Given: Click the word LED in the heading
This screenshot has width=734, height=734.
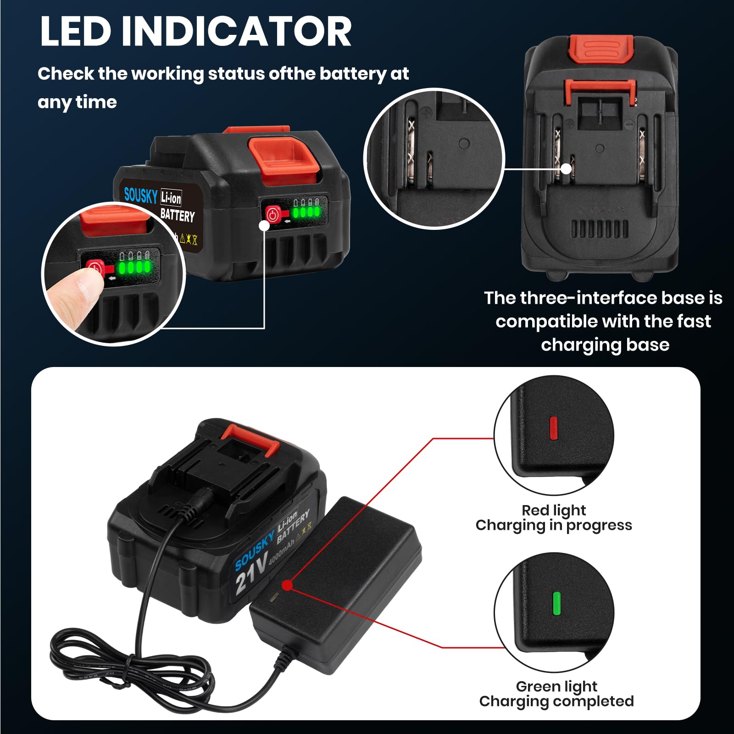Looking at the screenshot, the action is click(76, 31).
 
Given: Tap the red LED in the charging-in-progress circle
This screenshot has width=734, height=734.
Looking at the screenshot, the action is click(553, 428).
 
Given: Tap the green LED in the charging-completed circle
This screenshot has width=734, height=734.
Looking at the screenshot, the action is click(557, 603).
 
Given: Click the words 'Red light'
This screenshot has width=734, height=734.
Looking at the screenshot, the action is click(554, 510).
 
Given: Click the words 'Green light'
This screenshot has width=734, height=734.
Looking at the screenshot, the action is click(556, 686).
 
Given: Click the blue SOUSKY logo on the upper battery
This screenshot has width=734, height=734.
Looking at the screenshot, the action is click(141, 195).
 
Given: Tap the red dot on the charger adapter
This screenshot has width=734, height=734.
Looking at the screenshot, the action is click(287, 585).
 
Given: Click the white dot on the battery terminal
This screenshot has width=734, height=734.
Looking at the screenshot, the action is click(566, 169).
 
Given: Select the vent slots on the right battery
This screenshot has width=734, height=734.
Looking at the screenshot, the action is click(600, 228).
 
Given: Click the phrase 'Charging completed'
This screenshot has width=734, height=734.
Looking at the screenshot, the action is click(556, 701).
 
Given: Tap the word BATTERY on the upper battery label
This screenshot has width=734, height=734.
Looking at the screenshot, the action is click(178, 215).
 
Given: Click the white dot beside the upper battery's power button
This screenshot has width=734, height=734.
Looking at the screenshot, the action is click(264, 226).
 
